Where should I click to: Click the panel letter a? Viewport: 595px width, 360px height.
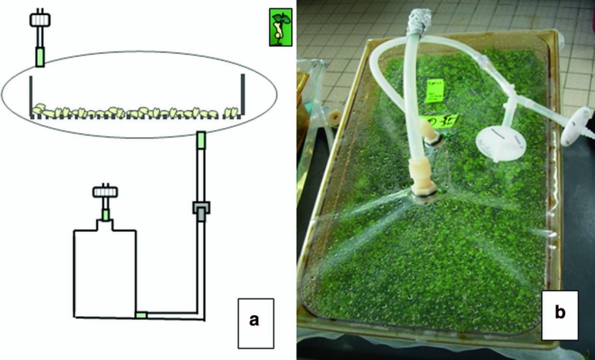[255, 319]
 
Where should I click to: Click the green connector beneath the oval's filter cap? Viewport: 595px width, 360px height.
[39, 57]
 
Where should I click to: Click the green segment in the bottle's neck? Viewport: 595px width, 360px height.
[105, 214]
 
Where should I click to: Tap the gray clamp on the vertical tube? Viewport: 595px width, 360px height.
[201, 208]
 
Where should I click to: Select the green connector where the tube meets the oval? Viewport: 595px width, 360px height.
[200, 141]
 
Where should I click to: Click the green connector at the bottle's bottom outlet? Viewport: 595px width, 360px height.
[141, 314]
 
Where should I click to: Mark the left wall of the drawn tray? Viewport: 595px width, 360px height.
[32, 95]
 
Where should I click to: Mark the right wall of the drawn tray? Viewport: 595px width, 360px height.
[242, 95]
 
